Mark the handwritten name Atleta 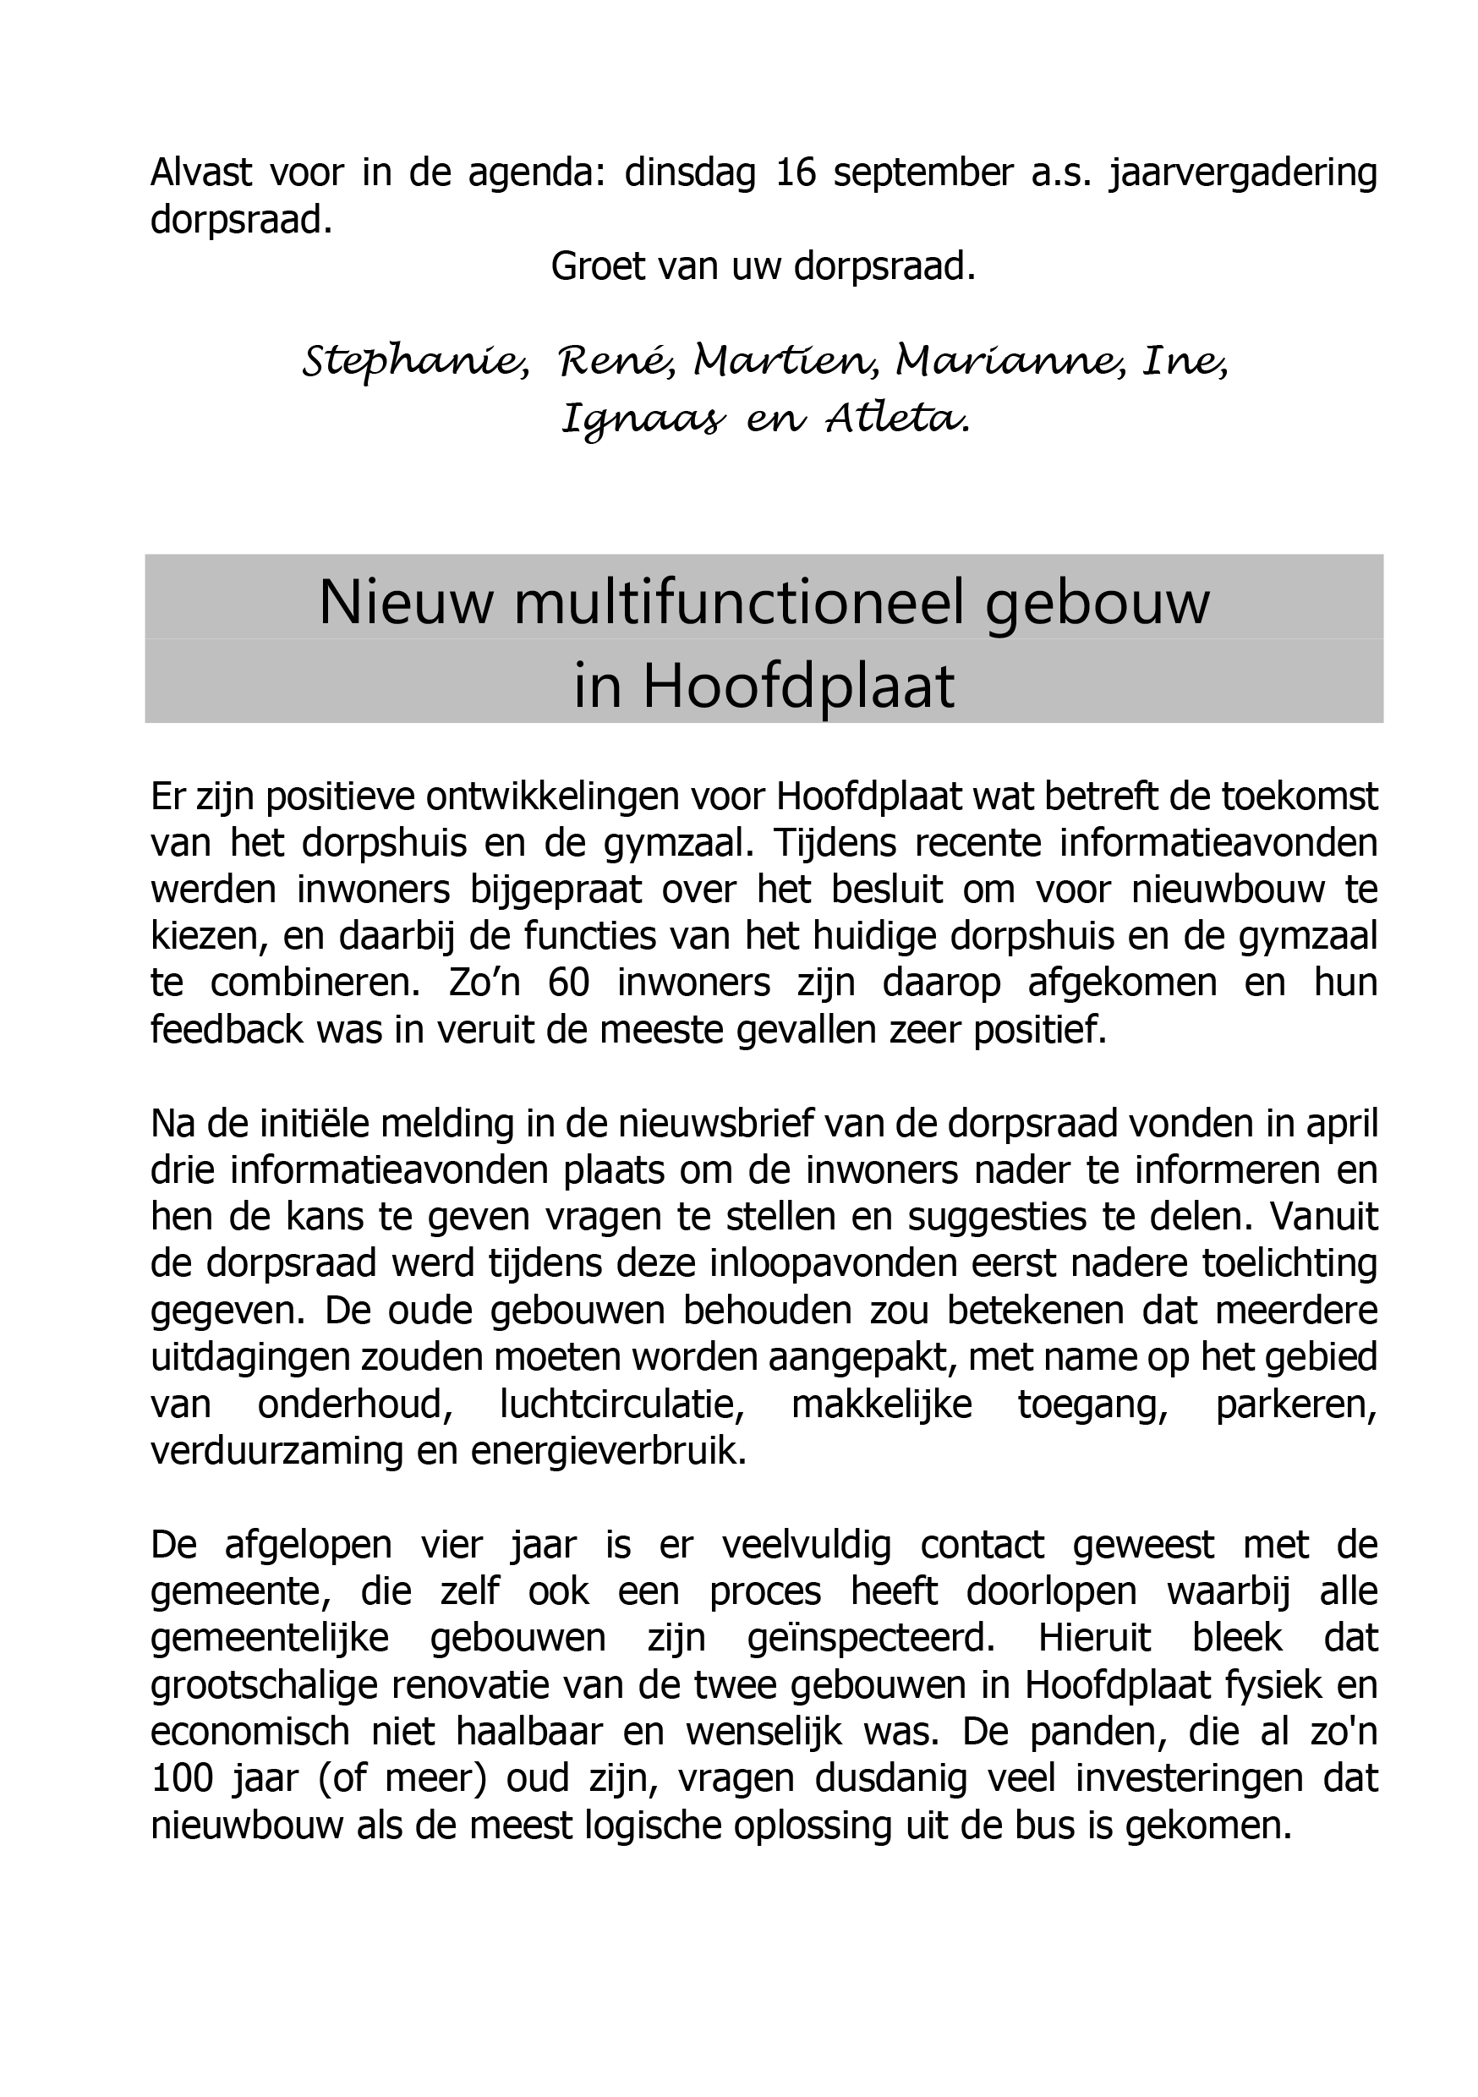[x=896, y=419]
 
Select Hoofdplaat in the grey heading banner [x=799, y=686]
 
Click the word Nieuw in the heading [x=406, y=603]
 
